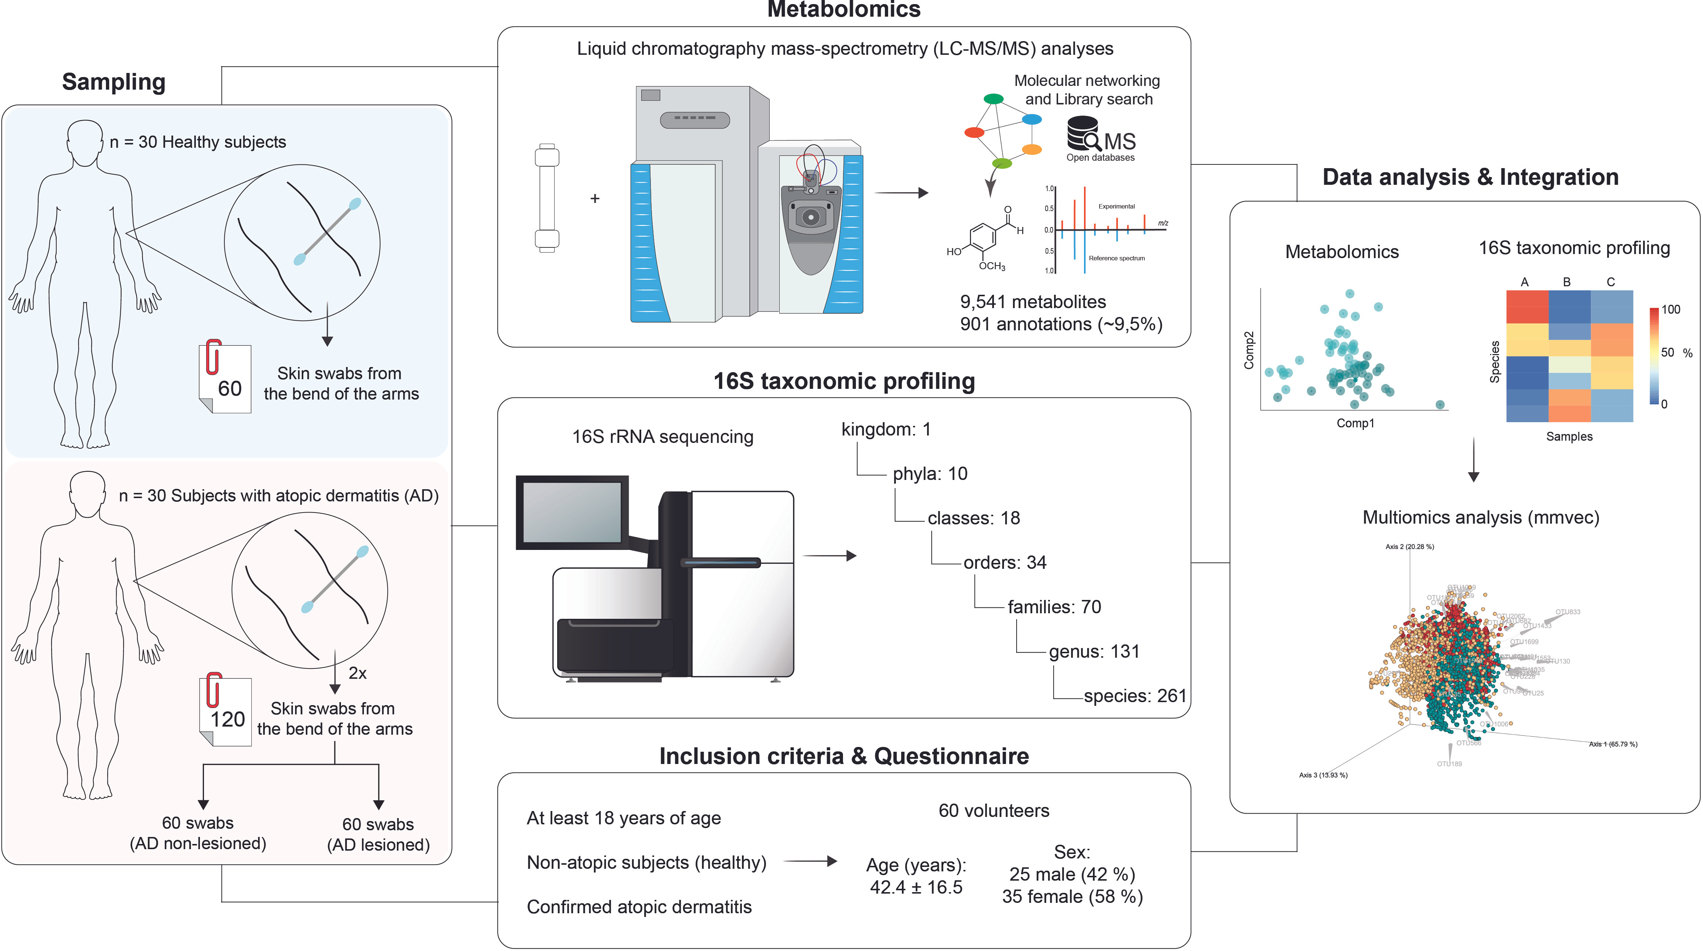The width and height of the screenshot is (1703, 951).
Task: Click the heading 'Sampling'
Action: (114, 82)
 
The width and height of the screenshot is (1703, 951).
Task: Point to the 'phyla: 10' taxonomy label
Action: (930, 474)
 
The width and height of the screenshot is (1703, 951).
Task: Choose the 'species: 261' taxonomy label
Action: (1134, 696)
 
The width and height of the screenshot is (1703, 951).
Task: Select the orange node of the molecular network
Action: (1031, 150)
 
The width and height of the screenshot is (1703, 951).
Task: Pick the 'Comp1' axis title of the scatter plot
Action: (1355, 423)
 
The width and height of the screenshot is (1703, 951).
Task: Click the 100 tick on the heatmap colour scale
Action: (1670, 310)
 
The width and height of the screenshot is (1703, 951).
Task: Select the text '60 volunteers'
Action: (994, 811)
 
